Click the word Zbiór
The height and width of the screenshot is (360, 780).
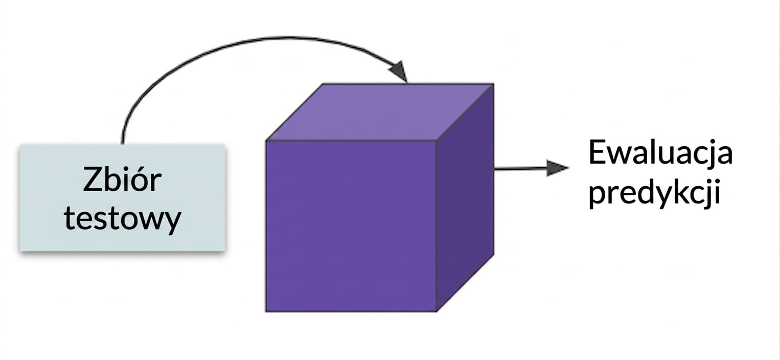pos(122,179)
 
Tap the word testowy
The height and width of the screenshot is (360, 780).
pos(123,219)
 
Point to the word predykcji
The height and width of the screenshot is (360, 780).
pos(654,192)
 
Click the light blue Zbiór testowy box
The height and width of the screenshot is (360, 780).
pos(123,197)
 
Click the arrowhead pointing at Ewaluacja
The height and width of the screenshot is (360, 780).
pos(557,168)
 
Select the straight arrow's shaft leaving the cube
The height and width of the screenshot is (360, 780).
pos(520,169)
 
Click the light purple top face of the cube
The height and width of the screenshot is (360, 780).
pos(380,112)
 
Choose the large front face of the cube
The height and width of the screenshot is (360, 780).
pos(351,226)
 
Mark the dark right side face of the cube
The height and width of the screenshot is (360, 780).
pos(465,197)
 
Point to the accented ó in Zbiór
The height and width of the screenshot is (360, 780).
pos(139,181)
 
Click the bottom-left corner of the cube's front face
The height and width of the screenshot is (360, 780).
pos(266,311)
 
